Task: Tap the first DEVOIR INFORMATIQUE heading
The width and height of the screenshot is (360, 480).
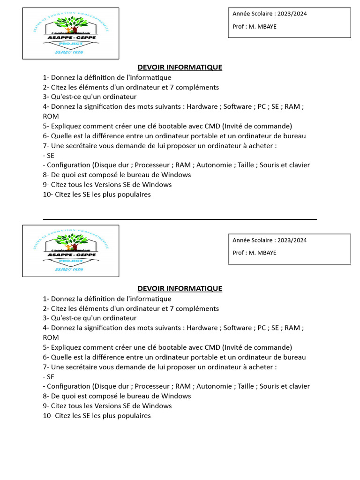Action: pyautogui.click(x=180, y=67)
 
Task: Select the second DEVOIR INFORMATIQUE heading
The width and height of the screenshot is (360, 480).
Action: pyautogui.click(x=180, y=288)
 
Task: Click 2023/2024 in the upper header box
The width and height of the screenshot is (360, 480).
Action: pyautogui.click(x=292, y=14)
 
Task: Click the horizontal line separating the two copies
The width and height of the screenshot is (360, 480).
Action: pyautogui.click(x=180, y=219)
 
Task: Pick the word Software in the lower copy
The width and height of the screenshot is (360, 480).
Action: pyautogui.click(x=237, y=328)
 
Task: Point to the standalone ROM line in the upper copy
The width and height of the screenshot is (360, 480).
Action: pyautogui.click(x=51, y=116)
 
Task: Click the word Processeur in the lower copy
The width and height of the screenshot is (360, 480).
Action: pyautogui.click(x=152, y=386)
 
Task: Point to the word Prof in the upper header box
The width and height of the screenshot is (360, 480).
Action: pyautogui.click(x=239, y=26)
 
